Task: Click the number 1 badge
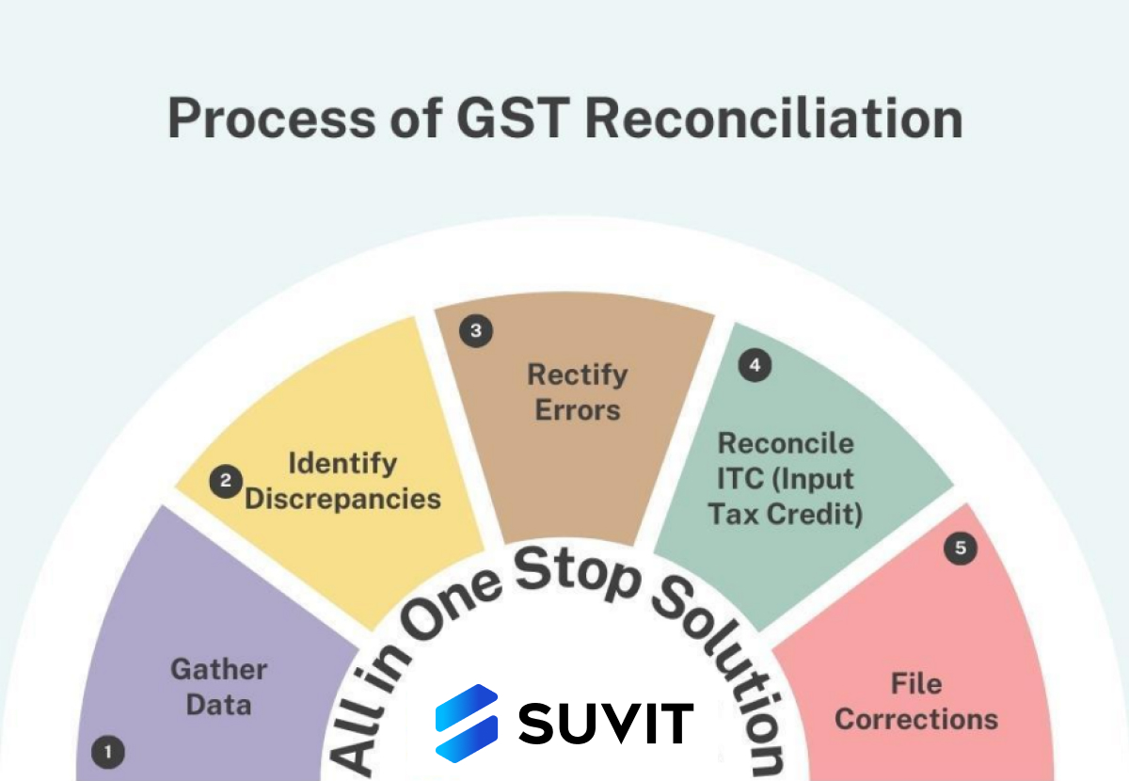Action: pyautogui.click(x=108, y=752)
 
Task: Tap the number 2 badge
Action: pyautogui.click(x=226, y=482)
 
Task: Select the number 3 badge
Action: pyautogui.click(x=476, y=331)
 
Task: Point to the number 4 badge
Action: pyautogui.click(x=755, y=365)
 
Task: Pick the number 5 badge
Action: pyautogui.click(x=961, y=548)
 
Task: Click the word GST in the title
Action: pyautogui.click(x=513, y=118)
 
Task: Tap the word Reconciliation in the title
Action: pyautogui.click(x=773, y=118)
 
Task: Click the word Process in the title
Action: pyautogui.click(x=272, y=118)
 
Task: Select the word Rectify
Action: pyautogui.click(x=578, y=375)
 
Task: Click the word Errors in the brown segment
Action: pyautogui.click(x=578, y=410)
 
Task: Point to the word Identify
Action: pyautogui.click(x=342, y=464)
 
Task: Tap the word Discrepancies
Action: pyautogui.click(x=342, y=500)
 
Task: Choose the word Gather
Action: pyautogui.click(x=219, y=670)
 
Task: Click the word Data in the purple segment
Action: pyautogui.click(x=218, y=705)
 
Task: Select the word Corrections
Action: pyautogui.click(x=916, y=720)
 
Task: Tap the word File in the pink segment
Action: pyautogui.click(x=916, y=684)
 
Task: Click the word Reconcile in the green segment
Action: pyautogui.click(x=786, y=443)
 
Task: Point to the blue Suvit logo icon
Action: pyautogui.click(x=467, y=723)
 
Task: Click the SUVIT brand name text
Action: pyautogui.click(x=606, y=724)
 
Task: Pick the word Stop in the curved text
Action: pyautogui.click(x=577, y=575)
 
